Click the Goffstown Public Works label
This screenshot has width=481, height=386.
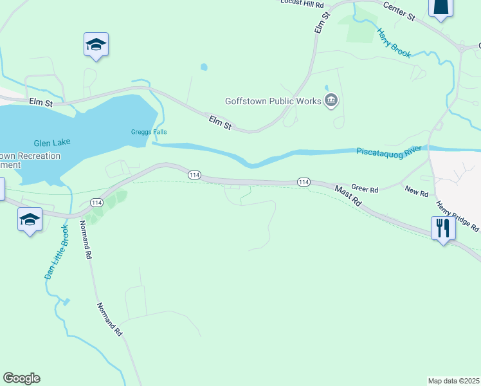pos(273,101)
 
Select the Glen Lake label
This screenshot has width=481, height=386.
pos(53,142)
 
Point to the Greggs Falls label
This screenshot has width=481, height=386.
pos(141,133)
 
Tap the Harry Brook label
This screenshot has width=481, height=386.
pos(394,43)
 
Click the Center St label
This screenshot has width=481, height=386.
pos(399,10)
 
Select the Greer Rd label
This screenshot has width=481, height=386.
pos(365,189)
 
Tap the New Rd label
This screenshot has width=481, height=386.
pos(416,191)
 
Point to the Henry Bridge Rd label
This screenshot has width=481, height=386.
pos(457,217)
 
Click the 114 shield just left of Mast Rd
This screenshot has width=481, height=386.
pos(304,183)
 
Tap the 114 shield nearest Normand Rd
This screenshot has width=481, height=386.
pos(96,203)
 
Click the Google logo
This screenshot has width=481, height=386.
pos(21,378)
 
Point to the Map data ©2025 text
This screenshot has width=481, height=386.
pos(453,380)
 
